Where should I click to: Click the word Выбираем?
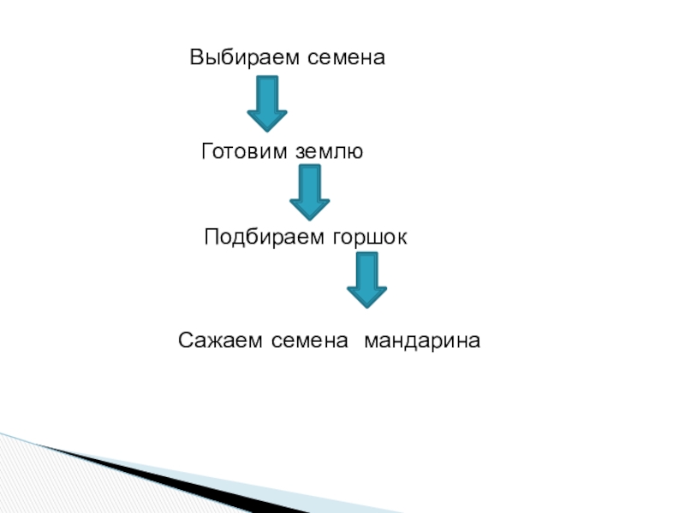click(237, 59)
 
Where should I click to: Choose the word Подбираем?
click(260, 237)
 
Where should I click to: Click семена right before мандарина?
click(312, 341)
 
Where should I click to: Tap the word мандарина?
click(422, 341)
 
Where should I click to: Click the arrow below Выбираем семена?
click(267, 103)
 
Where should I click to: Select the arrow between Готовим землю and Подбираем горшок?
click(309, 192)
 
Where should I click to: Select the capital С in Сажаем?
click(185, 341)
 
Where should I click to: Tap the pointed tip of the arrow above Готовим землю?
click(267, 130)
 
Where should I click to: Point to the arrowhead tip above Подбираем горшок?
click(309, 220)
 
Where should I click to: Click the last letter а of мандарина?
click(475, 342)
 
